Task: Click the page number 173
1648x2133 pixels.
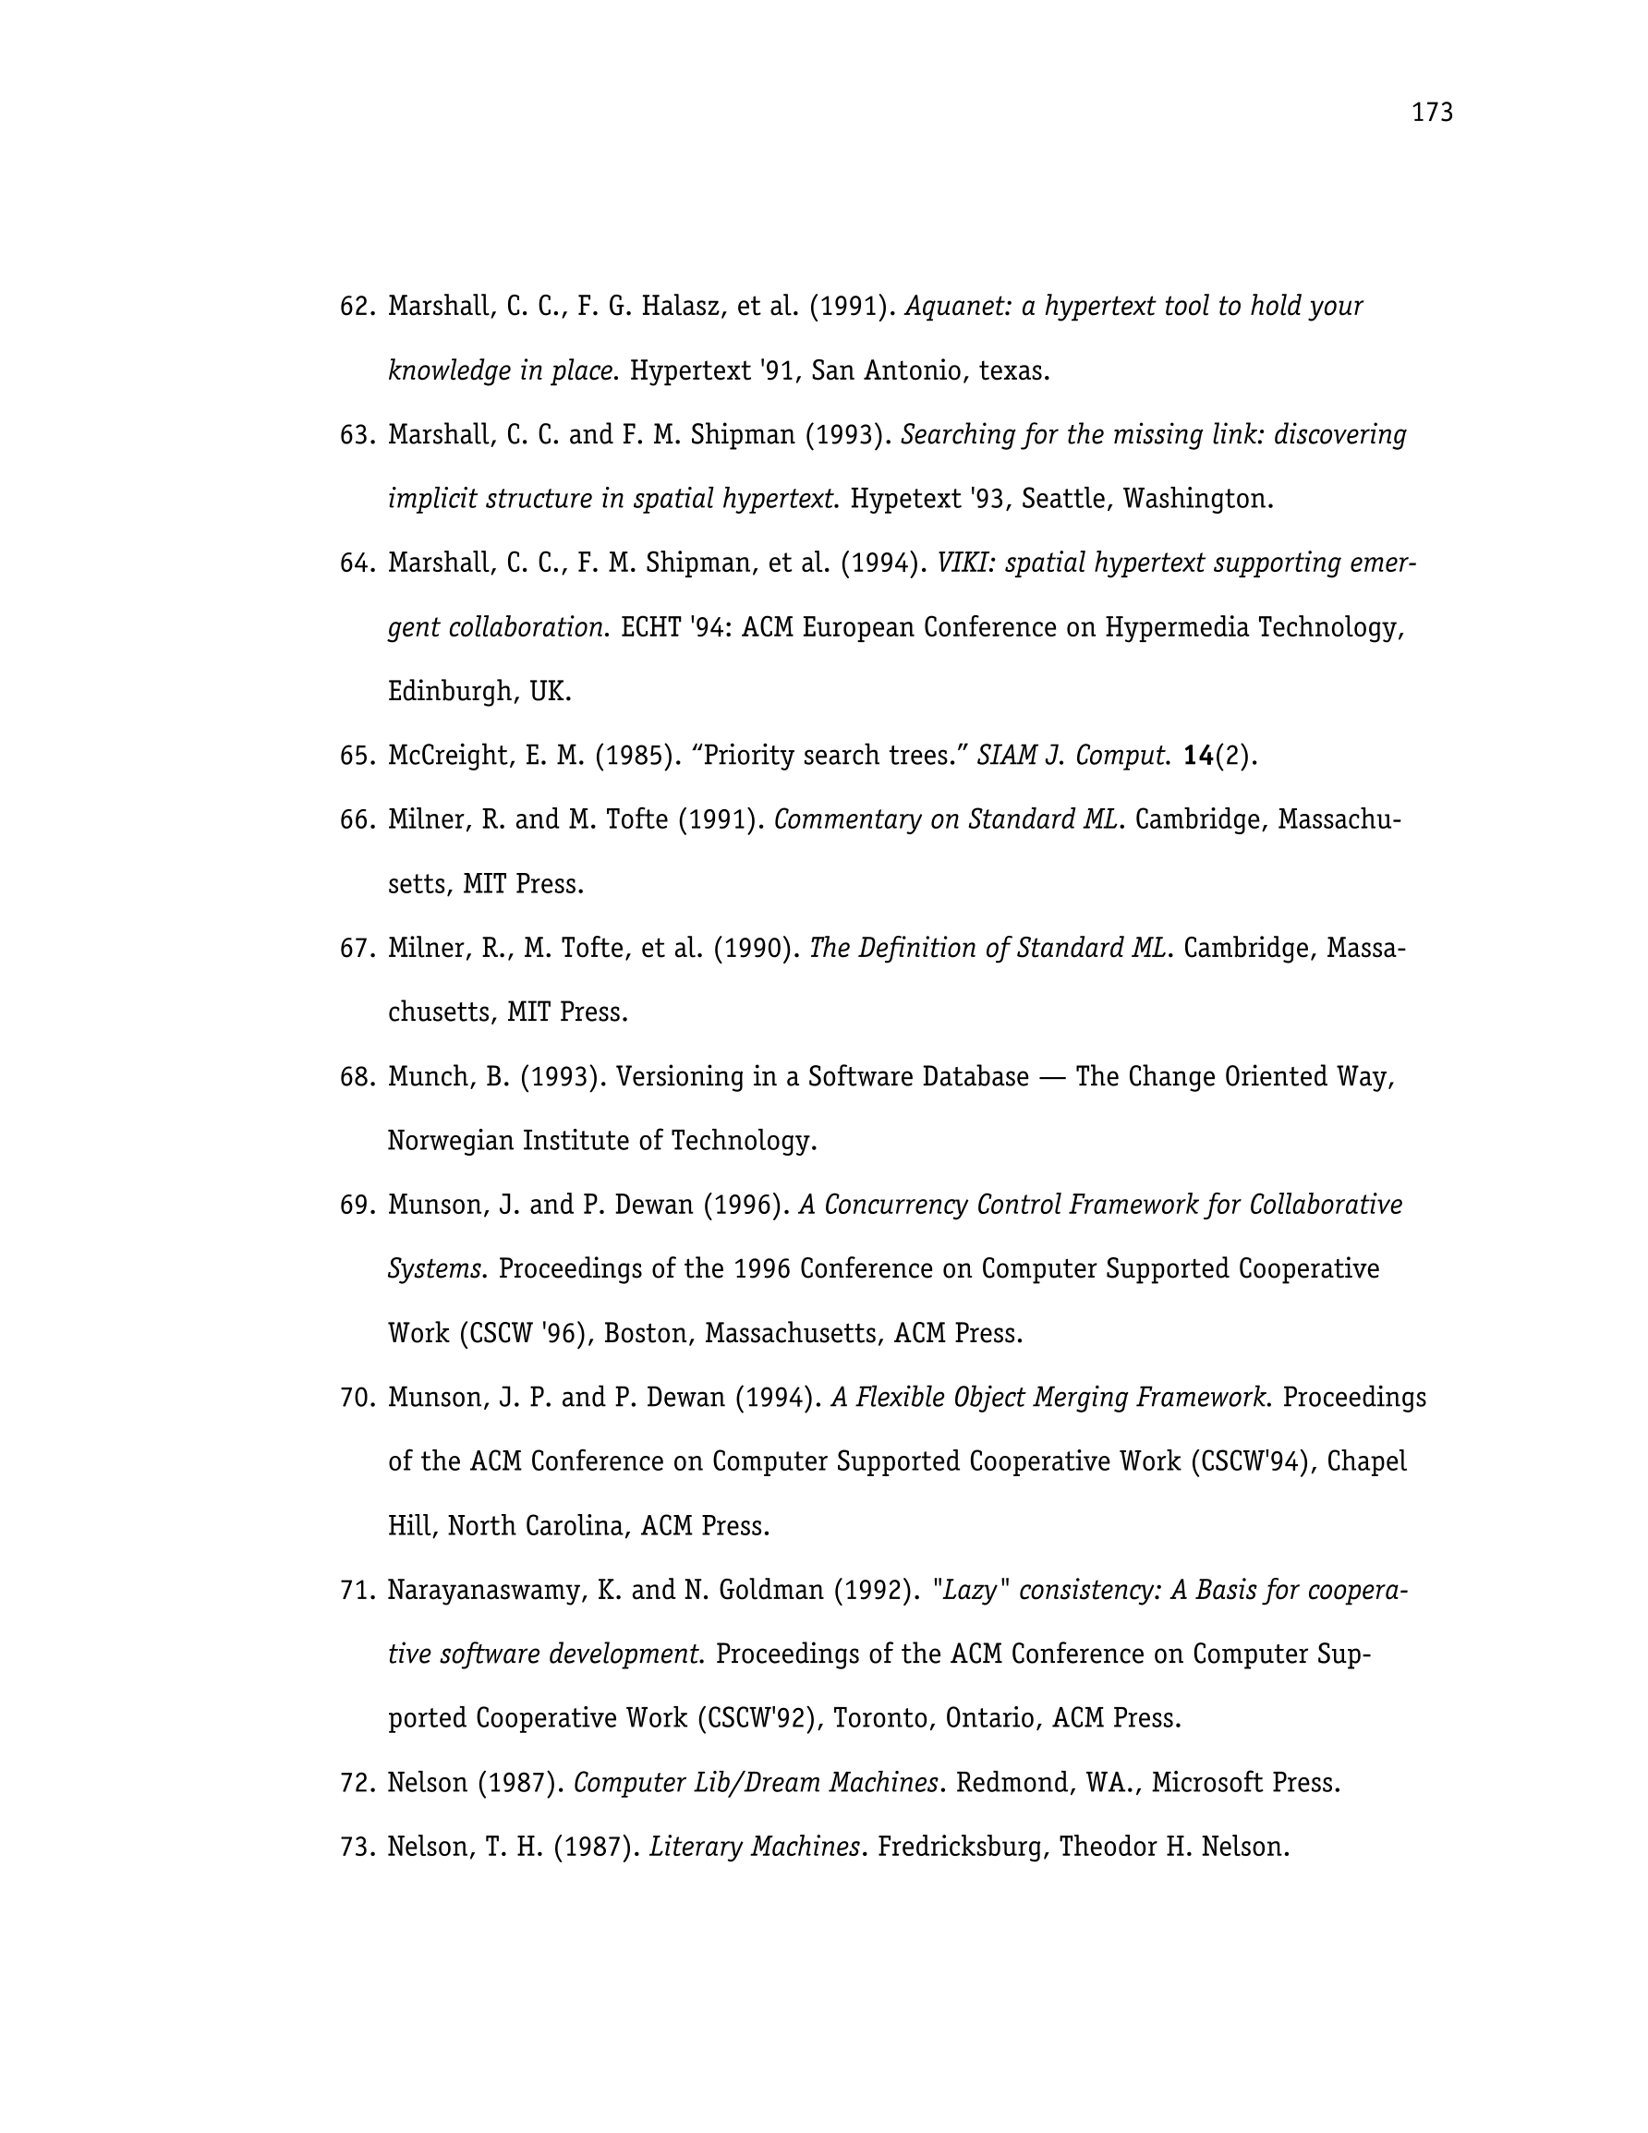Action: tap(1432, 114)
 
